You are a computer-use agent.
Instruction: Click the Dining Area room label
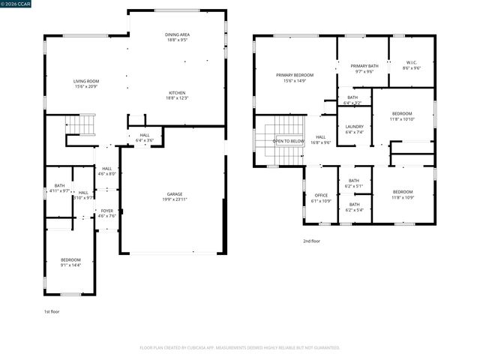pos(177,34)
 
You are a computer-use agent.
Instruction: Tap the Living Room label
pos(86,81)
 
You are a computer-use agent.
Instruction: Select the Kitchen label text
pos(177,92)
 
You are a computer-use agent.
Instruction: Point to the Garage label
pos(175,193)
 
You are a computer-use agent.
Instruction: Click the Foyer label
pos(107,211)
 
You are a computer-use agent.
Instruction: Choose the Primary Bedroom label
pos(295,75)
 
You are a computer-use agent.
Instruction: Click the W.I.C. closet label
pos(412,62)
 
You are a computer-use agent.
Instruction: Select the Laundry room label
pos(354,126)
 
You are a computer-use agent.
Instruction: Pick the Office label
pos(321,195)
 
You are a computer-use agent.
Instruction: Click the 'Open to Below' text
pos(288,141)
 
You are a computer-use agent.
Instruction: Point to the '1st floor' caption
pos(51,310)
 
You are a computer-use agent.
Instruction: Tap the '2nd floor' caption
pos(311,241)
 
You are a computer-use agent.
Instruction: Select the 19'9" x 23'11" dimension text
pos(175,199)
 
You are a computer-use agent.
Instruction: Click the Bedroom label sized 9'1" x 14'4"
pos(70,259)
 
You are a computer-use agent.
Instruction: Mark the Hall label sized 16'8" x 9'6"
pos(321,136)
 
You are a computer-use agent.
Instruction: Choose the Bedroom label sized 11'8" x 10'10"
pos(401,113)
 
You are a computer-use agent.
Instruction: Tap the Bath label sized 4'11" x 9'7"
pos(59,185)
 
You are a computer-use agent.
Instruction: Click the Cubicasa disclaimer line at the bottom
pos(240,348)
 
